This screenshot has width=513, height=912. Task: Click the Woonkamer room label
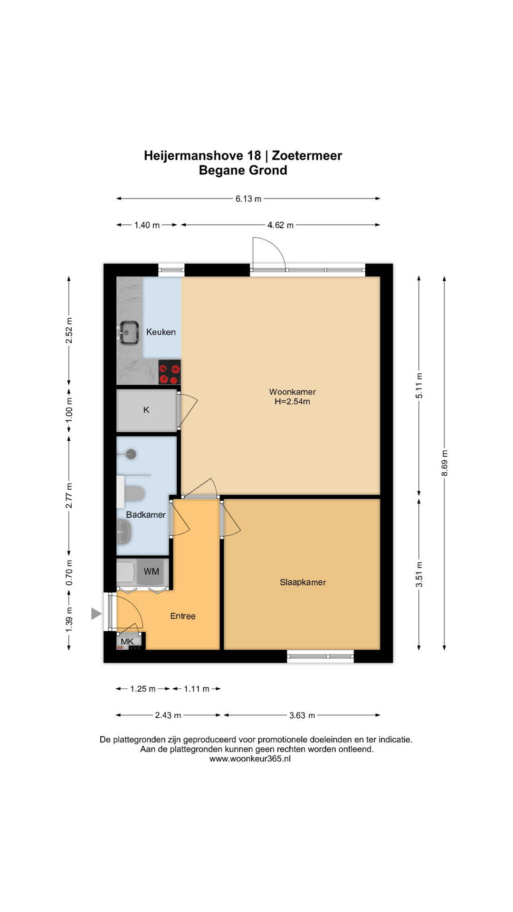292,392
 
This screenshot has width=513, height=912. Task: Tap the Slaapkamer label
303,582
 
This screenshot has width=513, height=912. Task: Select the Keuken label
161,332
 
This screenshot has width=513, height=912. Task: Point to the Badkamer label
146,515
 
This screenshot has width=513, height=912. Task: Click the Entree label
183,616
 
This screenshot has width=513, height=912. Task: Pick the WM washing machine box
152,571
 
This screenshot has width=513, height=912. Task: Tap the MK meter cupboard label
127,642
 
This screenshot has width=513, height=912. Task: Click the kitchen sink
128,332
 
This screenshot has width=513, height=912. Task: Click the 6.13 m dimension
248,199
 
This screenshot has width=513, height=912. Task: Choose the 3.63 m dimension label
302,715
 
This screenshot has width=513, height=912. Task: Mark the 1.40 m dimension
147,225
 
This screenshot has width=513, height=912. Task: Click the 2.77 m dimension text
69,495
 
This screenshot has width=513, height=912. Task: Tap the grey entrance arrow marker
96,614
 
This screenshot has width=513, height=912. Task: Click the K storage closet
146,410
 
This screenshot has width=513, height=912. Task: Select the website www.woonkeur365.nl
250,759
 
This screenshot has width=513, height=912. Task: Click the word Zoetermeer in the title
307,155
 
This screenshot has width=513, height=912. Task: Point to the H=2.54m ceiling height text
292,401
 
